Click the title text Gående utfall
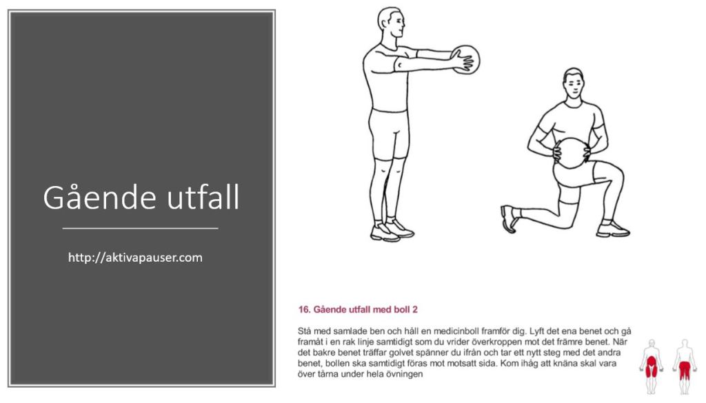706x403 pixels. click(x=141, y=197)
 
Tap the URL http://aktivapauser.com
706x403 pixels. click(x=135, y=258)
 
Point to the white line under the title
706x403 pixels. click(x=141, y=229)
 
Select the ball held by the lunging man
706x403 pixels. click(x=572, y=153)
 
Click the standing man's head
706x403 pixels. click(x=390, y=23)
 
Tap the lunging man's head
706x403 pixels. click(x=573, y=84)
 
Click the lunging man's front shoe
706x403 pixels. click(x=613, y=229)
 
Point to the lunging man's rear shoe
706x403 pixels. click(x=508, y=218)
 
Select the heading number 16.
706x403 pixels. click(x=304, y=309)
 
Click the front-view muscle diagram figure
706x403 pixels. click(x=651, y=366)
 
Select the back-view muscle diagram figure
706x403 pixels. click(x=685, y=366)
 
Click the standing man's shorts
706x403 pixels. click(x=389, y=134)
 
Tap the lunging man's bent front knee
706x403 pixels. click(x=618, y=173)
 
